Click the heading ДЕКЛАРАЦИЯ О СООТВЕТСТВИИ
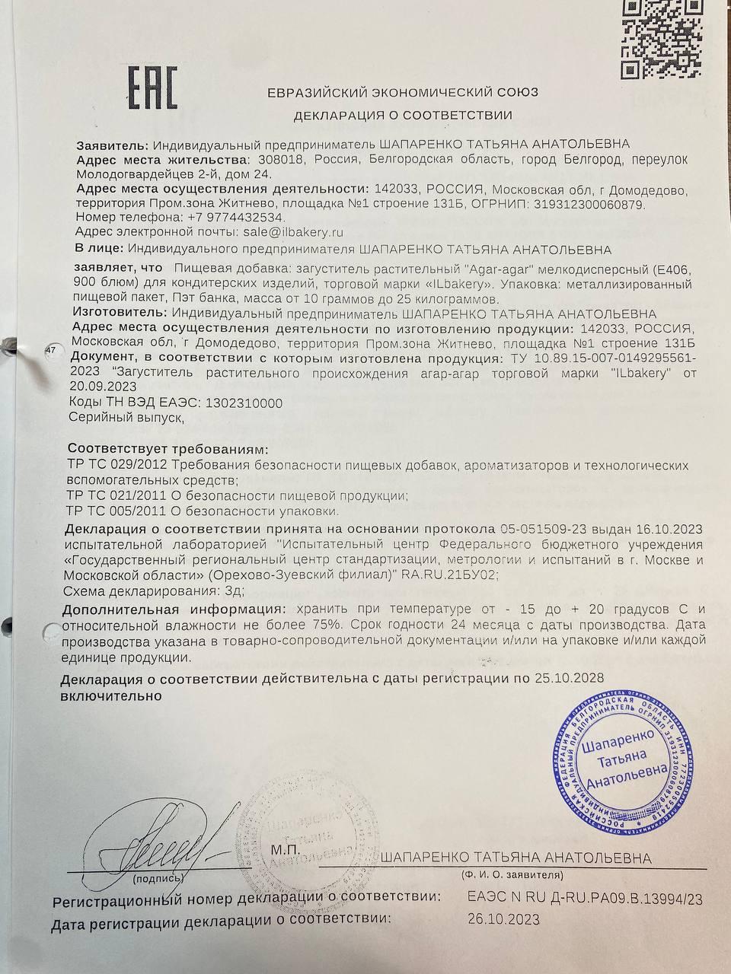pyautogui.click(x=403, y=116)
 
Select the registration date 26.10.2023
pyautogui.click(x=503, y=919)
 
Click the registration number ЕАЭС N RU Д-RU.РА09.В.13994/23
pyautogui.click(x=584, y=899)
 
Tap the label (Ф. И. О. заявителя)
pyautogui.click(x=512, y=874)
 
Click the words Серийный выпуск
pyautogui.click(x=126, y=418)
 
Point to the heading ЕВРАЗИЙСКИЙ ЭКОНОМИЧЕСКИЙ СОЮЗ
pyautogui.click(x=403, y=92)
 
